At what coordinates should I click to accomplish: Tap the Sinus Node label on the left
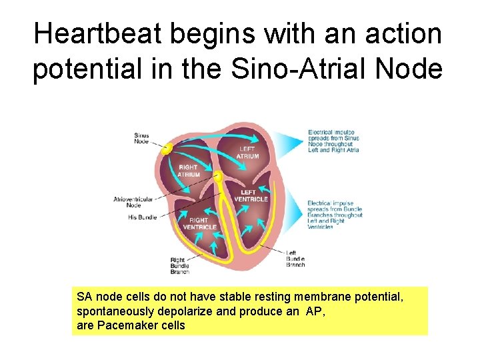(x=141, y=138)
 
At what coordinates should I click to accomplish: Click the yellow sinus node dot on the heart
(x=167, y=148)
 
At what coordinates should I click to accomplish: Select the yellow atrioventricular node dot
(x=217, y=177)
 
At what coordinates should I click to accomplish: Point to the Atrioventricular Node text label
(x=133, y=202)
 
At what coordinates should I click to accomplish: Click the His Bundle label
(x=142, y=217)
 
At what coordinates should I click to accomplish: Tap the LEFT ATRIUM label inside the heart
(x=247, y=153)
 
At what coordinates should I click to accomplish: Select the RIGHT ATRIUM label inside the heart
(x=189, y=171)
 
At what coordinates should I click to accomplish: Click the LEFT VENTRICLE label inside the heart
(x=251, y=196)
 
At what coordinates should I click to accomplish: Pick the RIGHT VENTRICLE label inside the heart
(x=199, y=223)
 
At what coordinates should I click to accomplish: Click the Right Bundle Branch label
(x=179, y=265)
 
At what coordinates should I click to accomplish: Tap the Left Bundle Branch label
(x=295, y=259)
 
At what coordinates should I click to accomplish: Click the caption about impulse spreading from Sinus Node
(x=333, y=141)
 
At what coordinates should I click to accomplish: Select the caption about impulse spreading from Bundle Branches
(x=335, y=215)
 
